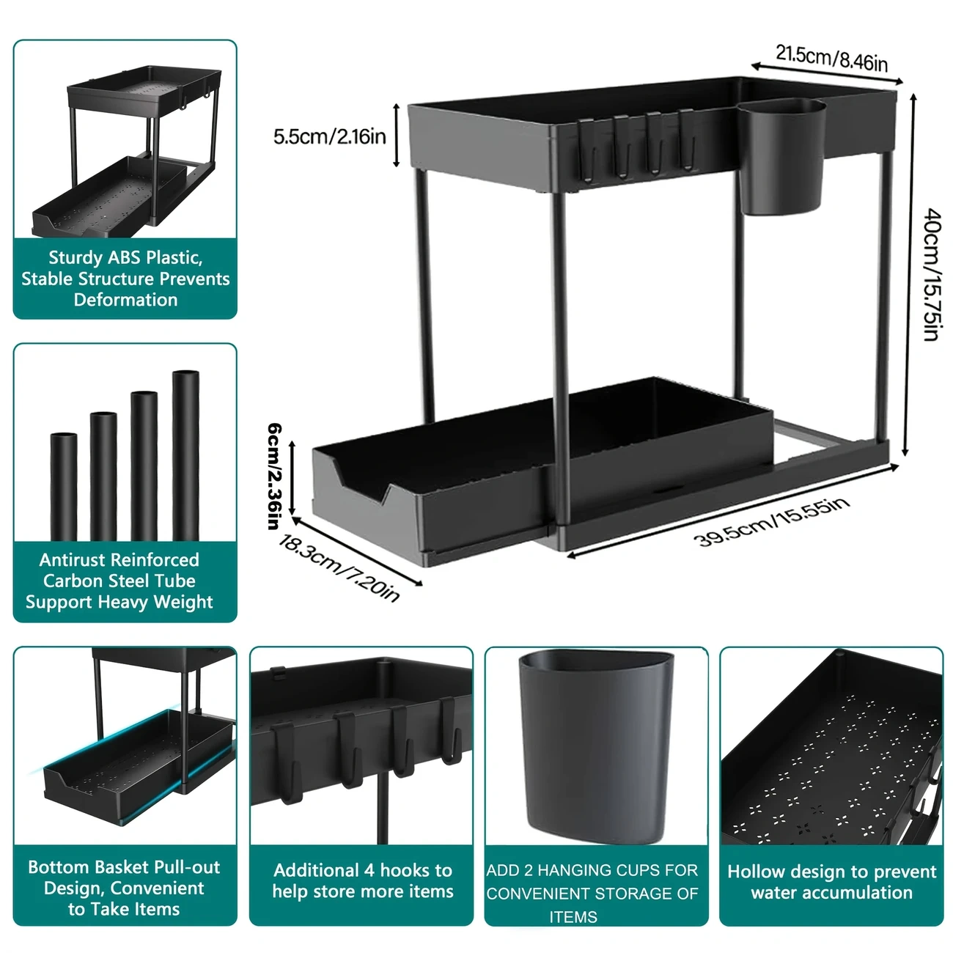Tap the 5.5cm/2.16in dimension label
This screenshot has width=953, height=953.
[329, 136]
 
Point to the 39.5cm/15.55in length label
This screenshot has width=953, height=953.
[771, 522]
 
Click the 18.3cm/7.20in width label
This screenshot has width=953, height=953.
[339, 567]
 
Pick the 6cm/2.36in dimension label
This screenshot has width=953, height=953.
[274, 476]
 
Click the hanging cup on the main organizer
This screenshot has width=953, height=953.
[781, 156]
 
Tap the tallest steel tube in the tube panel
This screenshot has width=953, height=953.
[185, 455]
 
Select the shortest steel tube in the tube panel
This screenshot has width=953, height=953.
[64, 487]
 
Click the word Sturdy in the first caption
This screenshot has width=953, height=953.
[76, 257]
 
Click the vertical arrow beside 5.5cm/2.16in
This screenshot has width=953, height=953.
[396, 136]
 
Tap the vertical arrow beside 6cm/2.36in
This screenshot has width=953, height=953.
[292, 478]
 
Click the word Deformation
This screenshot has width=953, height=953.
[125, 300]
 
